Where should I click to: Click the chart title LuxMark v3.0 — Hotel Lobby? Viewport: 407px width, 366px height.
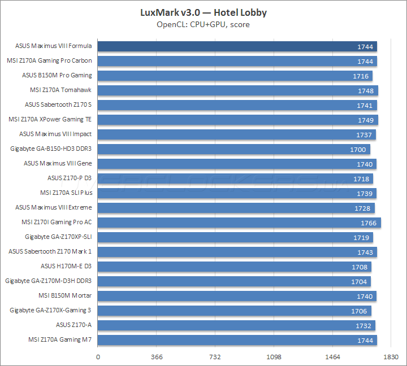[x=203, y=12]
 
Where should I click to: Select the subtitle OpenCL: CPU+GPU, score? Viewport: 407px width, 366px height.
[x=203, y=24]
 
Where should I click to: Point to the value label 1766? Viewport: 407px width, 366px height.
[x=368, y=223]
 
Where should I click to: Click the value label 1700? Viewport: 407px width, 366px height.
[x=357, y=150]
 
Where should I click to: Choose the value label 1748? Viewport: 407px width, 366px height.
[x=365, y=90]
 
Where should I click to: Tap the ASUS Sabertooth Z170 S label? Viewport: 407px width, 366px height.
[x=58, y=104]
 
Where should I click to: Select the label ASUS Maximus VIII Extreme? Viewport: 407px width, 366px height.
[x=53, y=207]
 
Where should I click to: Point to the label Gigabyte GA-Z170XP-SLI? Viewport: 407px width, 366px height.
[x=58, y=237]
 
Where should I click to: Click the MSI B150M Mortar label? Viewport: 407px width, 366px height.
[x=65, y=295]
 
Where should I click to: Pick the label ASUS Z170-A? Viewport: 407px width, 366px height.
[x=73, y=325]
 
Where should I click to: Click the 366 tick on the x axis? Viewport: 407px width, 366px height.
[x=158, y=357]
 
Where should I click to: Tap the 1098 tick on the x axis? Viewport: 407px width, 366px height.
[x=274, y=357]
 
